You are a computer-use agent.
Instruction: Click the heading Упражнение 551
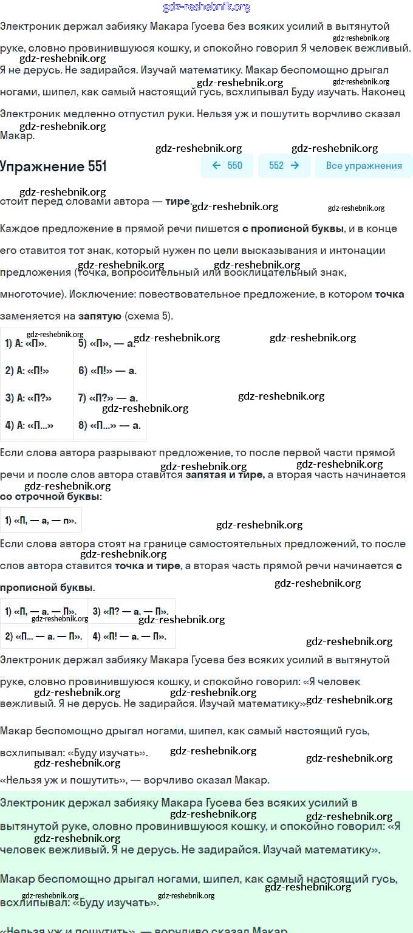(53, 166)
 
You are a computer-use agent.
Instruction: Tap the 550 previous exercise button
(227, 166)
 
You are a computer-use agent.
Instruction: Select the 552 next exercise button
(284, 166)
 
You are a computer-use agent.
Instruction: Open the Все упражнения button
(364, 166)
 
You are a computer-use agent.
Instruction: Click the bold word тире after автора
(178, 202)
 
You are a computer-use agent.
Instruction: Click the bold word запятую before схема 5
(100, 316)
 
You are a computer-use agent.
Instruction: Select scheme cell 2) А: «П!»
(27, 371)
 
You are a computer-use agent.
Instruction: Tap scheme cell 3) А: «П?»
(29, 398)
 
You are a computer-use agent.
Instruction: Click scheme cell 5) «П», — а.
(107, 343)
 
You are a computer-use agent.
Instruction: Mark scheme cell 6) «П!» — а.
(108, 371)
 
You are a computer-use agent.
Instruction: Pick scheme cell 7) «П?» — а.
(108, 398)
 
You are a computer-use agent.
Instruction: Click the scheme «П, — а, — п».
(41, 520)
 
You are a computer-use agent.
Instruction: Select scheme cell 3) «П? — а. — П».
(131, 611)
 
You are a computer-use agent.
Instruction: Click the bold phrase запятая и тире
(225, 474)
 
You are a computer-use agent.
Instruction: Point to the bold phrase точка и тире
(148, 566)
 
